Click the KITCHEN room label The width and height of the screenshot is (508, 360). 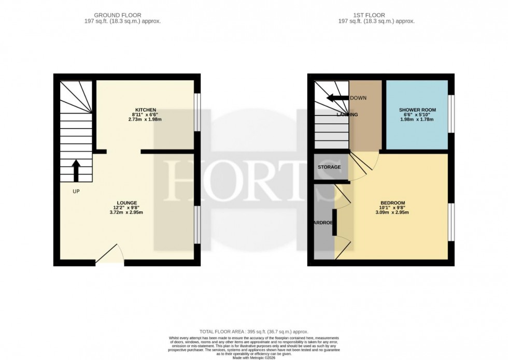(146, 110)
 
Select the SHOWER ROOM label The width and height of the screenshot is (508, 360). (417, 110)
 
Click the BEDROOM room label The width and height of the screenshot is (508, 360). (392, 203)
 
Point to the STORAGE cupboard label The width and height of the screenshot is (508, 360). (329, 167)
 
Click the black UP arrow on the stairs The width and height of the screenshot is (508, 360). (76, 170)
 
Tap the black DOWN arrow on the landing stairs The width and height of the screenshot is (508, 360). (337, 98)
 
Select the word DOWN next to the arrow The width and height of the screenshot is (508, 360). (358, 98)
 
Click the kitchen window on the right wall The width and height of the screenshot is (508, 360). (197, 112)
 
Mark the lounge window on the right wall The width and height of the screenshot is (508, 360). (197, 224)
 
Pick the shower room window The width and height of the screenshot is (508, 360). (451, 112)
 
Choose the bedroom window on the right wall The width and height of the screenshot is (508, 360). (451, 222)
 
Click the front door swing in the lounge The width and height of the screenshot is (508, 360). (110, 255)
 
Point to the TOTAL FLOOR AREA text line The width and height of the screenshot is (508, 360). (254, 331)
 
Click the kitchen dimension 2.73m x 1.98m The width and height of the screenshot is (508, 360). (146, 120)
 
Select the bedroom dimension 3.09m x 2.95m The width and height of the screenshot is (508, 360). (392, 212)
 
